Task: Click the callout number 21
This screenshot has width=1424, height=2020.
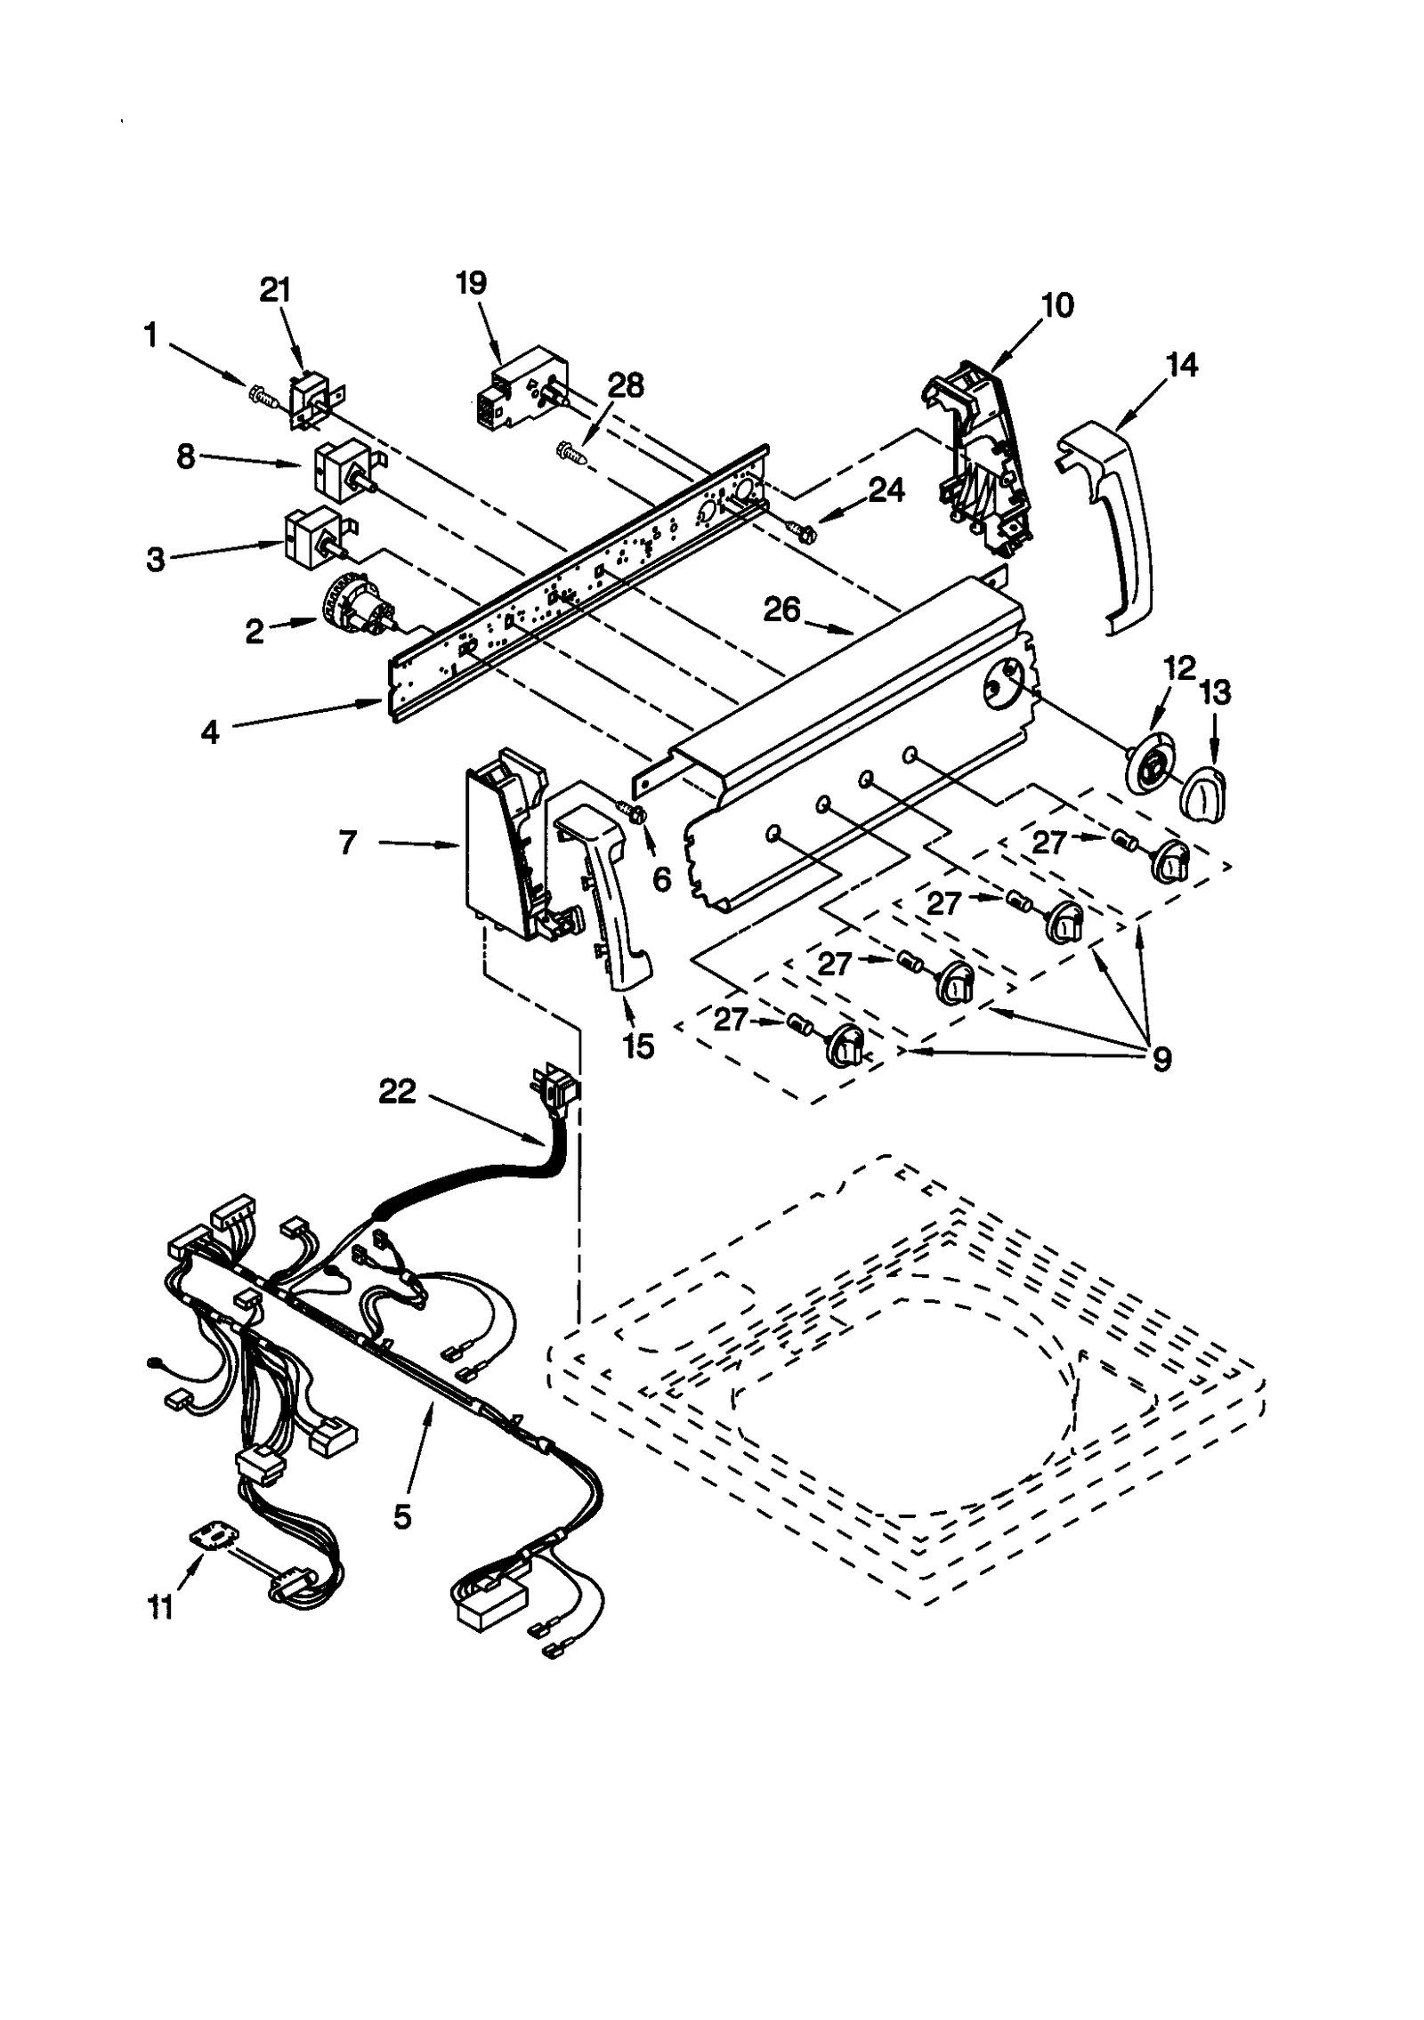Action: coord(275,291)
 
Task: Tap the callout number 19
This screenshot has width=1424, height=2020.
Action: coord(472,283)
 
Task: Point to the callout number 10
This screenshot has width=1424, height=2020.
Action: coord(1057,305)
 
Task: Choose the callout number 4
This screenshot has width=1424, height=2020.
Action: coord(210,731)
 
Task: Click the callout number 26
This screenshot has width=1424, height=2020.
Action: coord(782,610)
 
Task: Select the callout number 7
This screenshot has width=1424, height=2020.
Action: coord(348,842)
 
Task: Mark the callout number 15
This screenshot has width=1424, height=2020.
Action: coord(638,1046)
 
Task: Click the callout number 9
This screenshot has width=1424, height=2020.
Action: coord(1161,1058)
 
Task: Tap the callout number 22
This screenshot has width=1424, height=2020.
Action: coord(397,1092)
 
